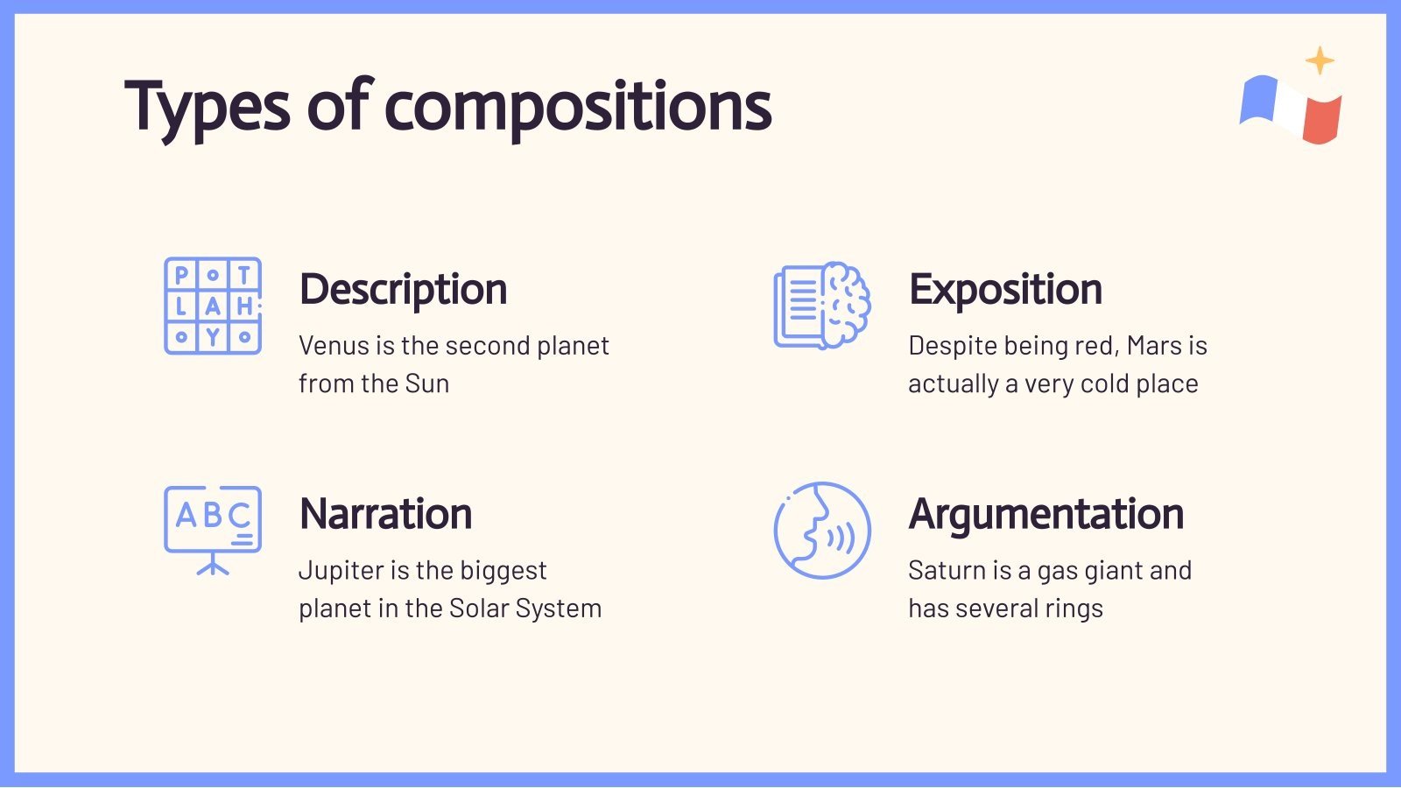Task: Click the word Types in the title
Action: pyautogui.click(x=208, y=109)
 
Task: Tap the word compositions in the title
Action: pyautogui.click(x=578, y=109)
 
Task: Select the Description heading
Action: pyautogui.click(x=404, y=290)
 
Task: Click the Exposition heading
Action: pyautogui.click(x=1006, y=290)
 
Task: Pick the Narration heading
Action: pyautogui.click(x=386, y=513)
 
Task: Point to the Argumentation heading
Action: pyautogui.click(x=1046, y=515)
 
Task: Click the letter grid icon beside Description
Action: pyautogui.click(x=213, y=306)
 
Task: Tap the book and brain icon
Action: pyautogui.click(x=822, y=306)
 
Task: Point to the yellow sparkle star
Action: pyautogui.click(x=1320, y=60)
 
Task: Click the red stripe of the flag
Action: pyautogui.click(x=1322, y=119)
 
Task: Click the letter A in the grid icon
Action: pyautogui.click(x=213, y=306)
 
